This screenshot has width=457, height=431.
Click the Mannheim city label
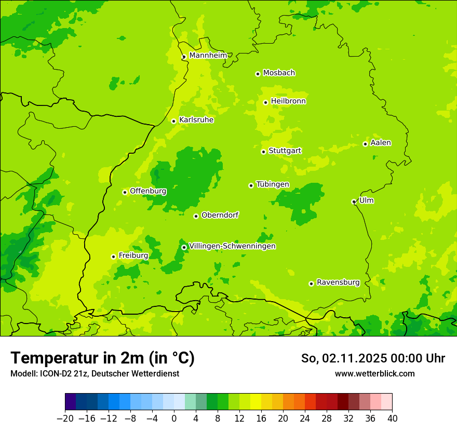(208, 55)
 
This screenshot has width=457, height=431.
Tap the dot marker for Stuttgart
(263, 152)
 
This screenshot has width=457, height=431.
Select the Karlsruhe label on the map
(196, 120)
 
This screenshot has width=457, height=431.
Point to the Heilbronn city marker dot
(265, 102)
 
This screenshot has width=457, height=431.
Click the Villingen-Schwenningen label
(232, 246)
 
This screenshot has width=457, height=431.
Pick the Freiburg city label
(133, 255)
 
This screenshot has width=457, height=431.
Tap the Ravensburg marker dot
(311, 284)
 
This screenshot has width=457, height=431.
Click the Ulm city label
(366, 200)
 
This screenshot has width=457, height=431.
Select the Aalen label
(381, 143)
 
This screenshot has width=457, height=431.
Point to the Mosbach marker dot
(258, 74)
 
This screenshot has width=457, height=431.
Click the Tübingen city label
(272, 184)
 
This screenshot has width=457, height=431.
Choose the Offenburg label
(148, 191)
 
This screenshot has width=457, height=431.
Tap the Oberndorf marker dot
(196, 216)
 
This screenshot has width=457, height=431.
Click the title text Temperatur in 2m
(102, 358)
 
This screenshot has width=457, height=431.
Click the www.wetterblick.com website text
(374, 373)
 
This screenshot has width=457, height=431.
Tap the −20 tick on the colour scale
(65, 419)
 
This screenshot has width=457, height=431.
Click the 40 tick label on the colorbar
(392, 419)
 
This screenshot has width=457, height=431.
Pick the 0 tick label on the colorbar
(174, 419)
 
